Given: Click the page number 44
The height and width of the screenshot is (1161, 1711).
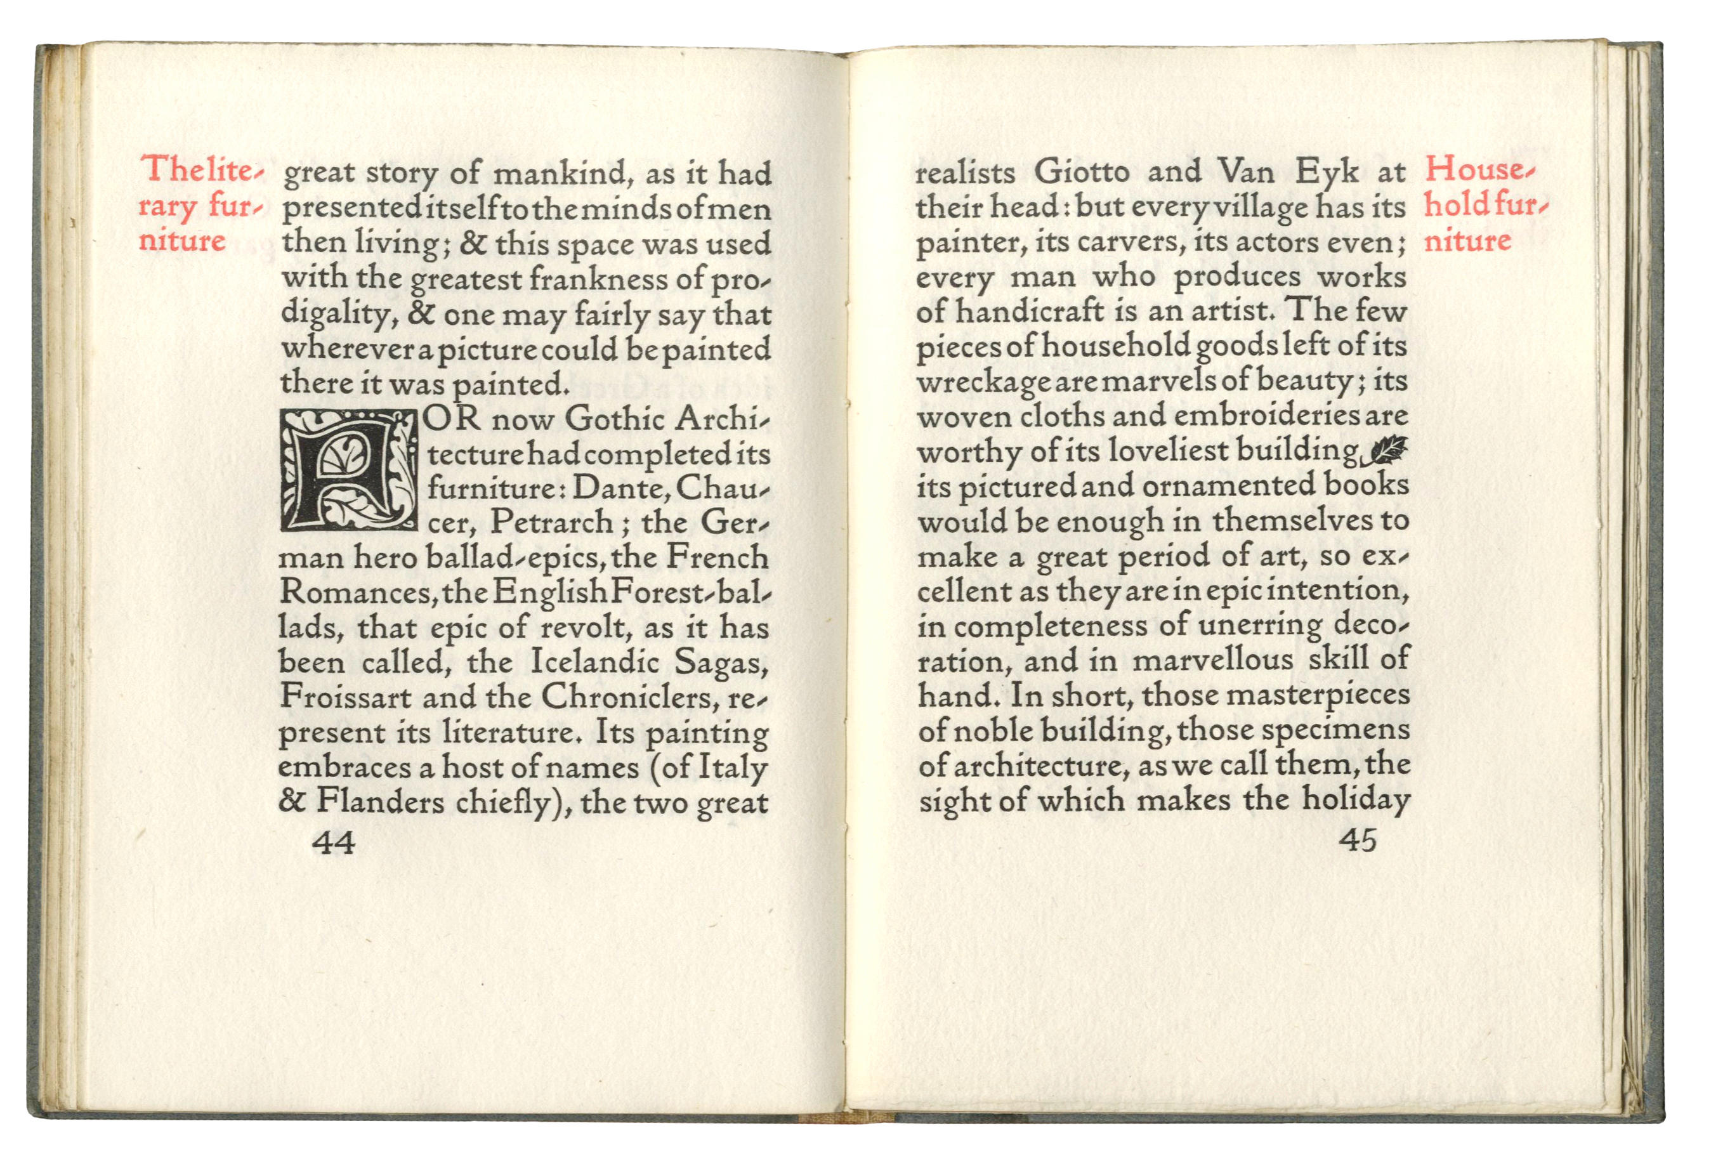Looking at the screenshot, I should pos(334,841).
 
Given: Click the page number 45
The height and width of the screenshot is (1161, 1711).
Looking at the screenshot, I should pos(1359,840).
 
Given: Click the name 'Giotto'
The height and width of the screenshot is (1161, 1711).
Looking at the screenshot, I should pos(1082,173).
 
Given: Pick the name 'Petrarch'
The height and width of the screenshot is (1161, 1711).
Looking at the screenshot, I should pos(551,522).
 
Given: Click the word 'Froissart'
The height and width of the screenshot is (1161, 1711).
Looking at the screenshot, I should pos(346,697).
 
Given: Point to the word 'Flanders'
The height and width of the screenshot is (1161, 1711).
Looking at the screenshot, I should pos(381,802).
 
